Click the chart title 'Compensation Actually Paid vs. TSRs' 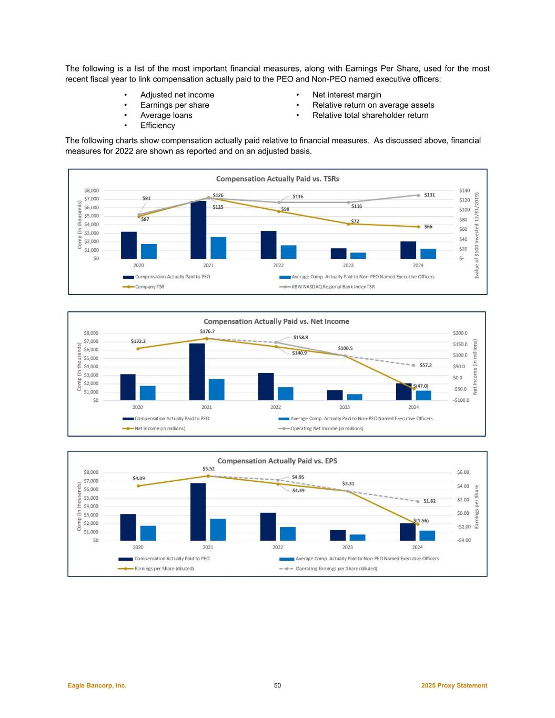pos(278,179)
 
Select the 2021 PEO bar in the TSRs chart pos(198,229)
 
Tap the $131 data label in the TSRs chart pos(430,195)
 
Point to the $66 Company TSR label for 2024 pos(428,227)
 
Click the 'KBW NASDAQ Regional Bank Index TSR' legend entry pos(333,287)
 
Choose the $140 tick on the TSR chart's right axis pos(464,190)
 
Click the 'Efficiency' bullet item pos(158,125)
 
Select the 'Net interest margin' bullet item pos(347,95)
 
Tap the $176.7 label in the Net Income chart pos(207,331)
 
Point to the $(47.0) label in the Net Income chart pos(421,386)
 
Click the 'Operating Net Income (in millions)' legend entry pos(327,428)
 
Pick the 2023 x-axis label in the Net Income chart pos(345,407)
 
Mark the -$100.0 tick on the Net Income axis pos(461,400)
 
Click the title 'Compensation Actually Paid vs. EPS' pos(277,461)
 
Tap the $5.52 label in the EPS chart pos(208,468)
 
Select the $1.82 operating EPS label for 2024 pos(429,501)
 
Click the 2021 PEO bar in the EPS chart pos(198,511)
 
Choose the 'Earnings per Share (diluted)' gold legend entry pos(164,568)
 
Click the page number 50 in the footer pos(277,685)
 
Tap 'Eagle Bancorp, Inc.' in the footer pos(97,685)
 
